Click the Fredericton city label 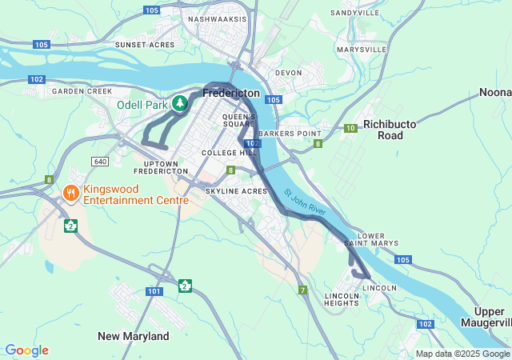[x=231, y=94]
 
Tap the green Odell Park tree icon [x=181, y=103]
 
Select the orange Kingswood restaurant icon [x=70, y=192]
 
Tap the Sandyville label [x=354, y=14]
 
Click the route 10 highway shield [x=350, y=128]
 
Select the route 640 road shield [x=100, y=162]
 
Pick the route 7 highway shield [x=302, y=290]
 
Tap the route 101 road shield [x=154, y=291]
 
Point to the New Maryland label [x=133, y=336]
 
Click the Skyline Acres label [x=236, y=191]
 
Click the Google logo [x=26, y=350]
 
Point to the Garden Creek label [x=82, y=91]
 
